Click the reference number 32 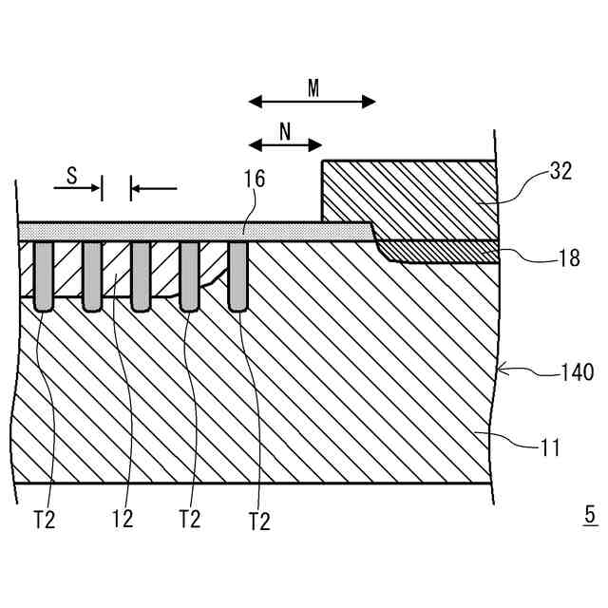point(562,173)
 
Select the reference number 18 point(569,258)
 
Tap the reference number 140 point(576,373)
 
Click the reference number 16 point(254,180)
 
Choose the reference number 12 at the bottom point(122,520)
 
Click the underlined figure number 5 point(590,516)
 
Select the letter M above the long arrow point(313,88)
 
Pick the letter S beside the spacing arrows point(71,175)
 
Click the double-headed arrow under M point(312,102)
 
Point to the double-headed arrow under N point(285,145)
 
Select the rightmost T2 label point(258,521)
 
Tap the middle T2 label point(189,520)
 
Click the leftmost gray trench point(44,275)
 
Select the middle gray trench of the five point(141,275)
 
